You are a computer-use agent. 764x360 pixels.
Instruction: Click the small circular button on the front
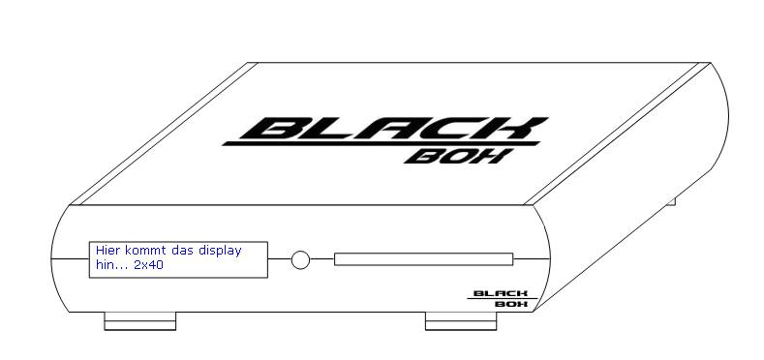300,259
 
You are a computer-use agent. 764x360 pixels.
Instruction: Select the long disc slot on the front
423,259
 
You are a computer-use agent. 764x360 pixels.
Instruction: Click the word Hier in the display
107,251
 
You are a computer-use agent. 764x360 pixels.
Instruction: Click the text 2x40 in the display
148,265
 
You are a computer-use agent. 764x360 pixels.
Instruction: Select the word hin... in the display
111,265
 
